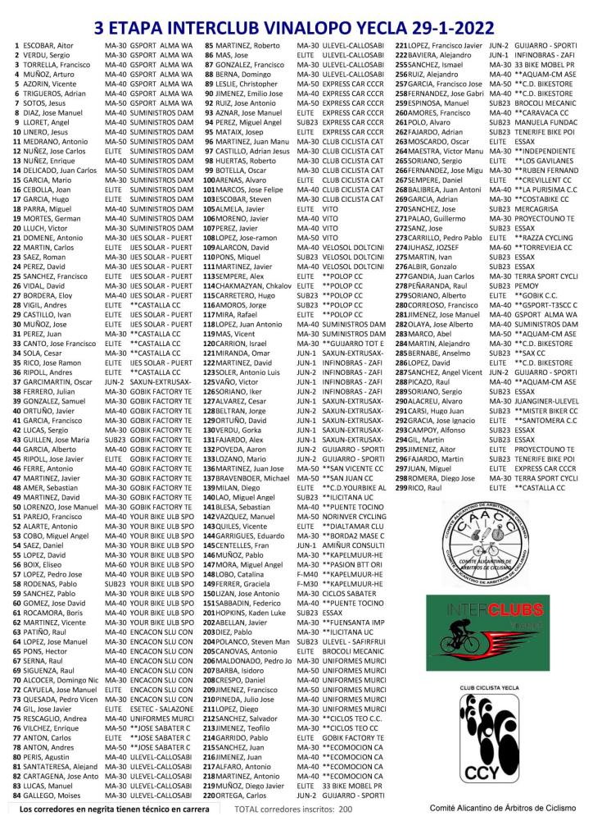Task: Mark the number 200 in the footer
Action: point(345,809)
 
